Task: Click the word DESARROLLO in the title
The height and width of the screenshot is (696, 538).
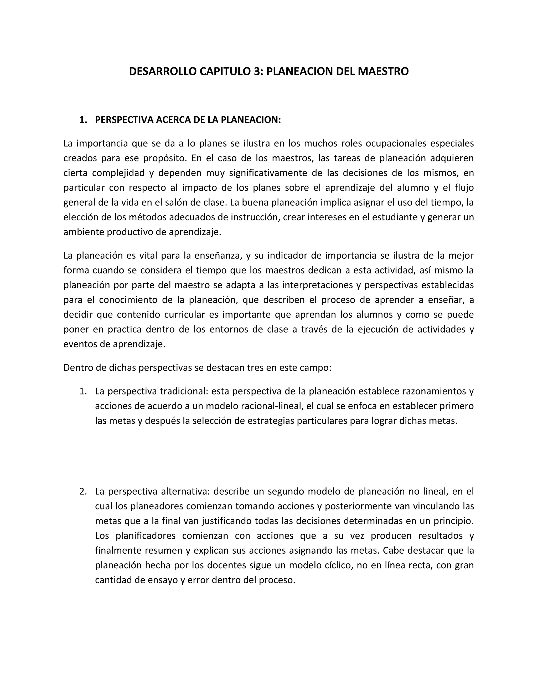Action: point(163,71)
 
